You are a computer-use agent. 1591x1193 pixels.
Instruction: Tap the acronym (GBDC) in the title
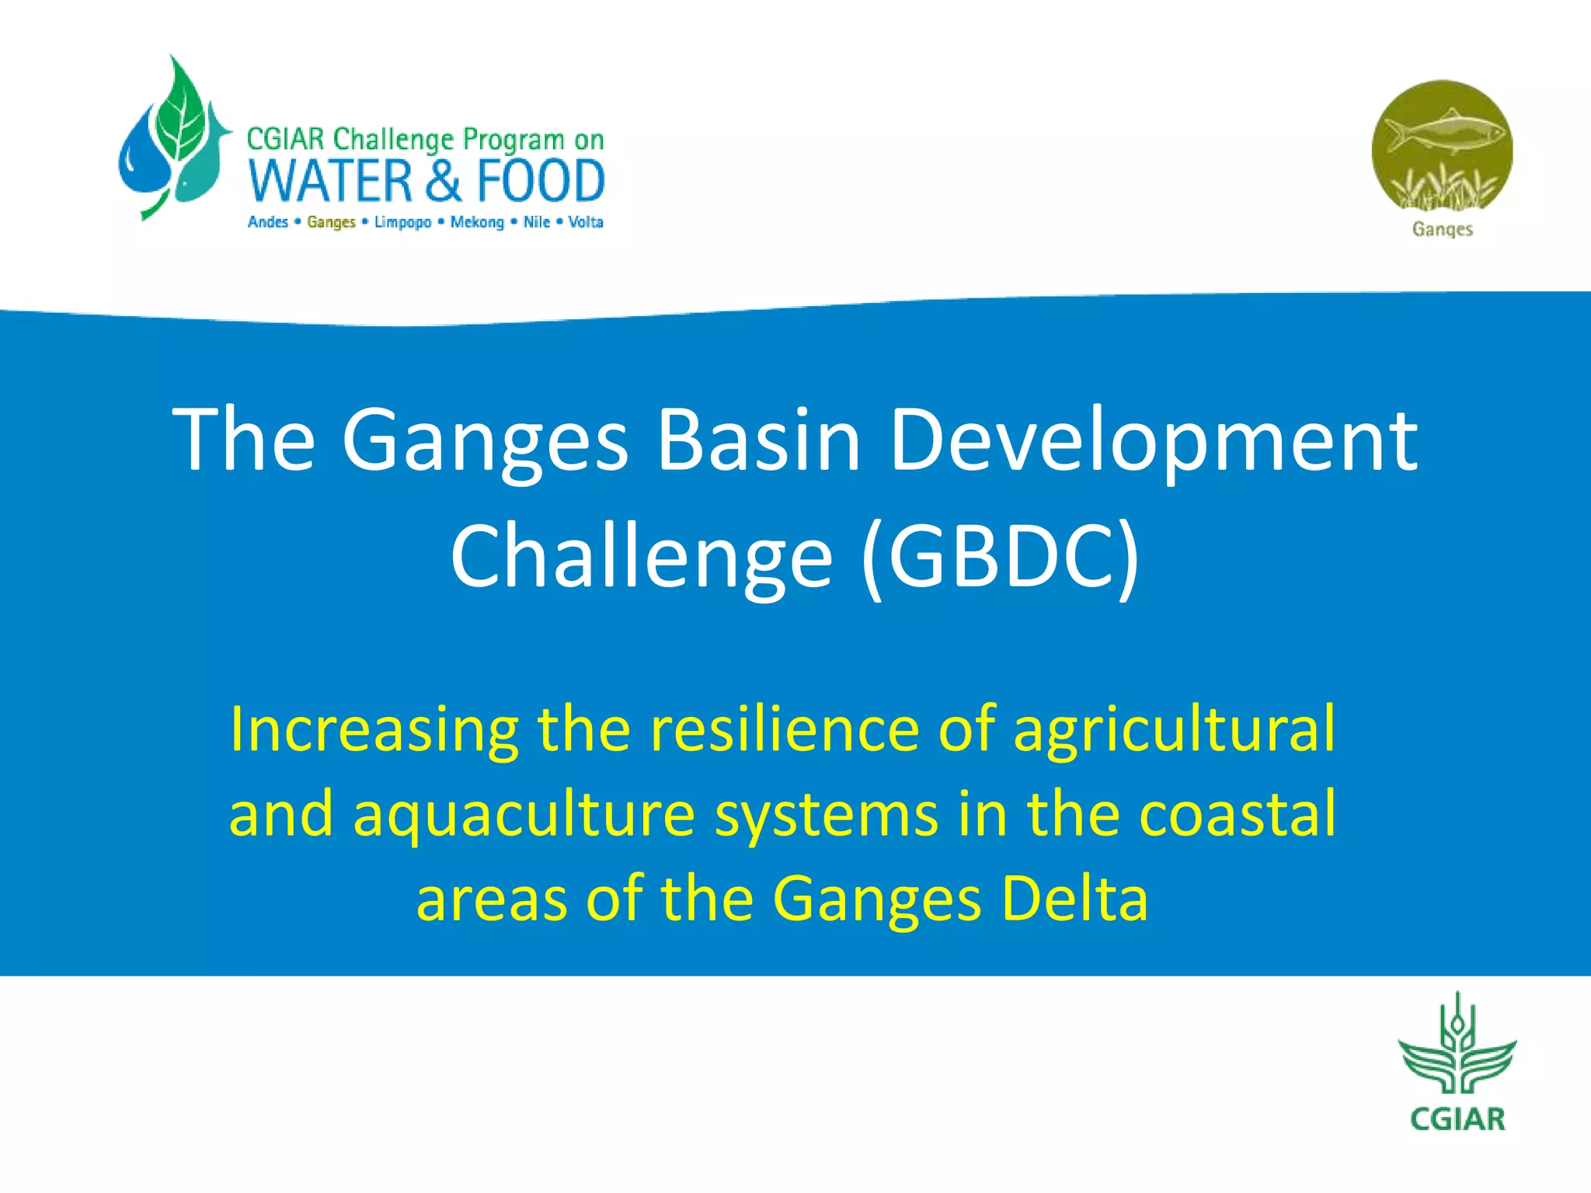click(1000, 556)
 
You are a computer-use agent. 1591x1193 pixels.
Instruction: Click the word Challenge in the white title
click(641, 556)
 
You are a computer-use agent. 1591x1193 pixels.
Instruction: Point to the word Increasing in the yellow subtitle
click(374, 730)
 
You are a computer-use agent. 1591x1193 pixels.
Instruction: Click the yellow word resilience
click(784, 730)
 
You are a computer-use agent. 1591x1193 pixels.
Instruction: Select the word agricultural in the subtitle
click(1174, 730)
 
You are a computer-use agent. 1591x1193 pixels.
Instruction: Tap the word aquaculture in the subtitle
click(524, 814)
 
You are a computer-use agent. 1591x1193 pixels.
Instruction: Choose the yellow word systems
click(826, 814)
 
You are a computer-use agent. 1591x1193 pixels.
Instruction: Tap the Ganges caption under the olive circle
click(1442, 229)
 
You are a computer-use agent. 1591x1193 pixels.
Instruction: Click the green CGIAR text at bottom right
click(1457, 1119)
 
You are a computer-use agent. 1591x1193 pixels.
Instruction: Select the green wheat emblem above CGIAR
click(1457, 1049)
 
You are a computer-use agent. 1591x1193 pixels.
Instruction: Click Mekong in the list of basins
click(477, 222)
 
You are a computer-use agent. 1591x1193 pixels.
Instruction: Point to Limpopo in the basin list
click(402, 222)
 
